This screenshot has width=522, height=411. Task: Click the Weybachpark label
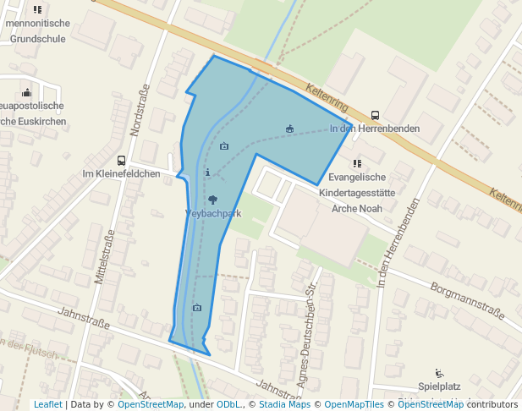(x=213, y=214)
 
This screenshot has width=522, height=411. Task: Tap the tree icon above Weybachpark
(x=212, y=199)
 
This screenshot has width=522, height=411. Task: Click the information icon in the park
(x=208, y=172)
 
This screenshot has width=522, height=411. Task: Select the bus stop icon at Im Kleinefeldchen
(x=122, y=160)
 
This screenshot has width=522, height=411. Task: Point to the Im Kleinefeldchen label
(x=121, y=174)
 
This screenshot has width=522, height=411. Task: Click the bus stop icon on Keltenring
(x=375, y=115)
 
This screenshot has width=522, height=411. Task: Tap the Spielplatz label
(x=439, y=387)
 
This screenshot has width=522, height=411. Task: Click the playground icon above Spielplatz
(x=438, y=373)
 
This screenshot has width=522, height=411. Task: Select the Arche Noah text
(x=356, y=208)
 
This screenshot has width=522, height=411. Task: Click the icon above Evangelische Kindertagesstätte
(x=357, y=163)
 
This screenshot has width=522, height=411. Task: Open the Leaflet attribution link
(x=47, y=405)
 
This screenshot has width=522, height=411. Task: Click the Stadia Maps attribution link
(x=283, y=405)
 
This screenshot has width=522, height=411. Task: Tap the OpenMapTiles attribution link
(x=354, y=405)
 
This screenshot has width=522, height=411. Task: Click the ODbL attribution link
(x=228, y=405)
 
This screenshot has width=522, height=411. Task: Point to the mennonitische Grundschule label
(x=36, y=31)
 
